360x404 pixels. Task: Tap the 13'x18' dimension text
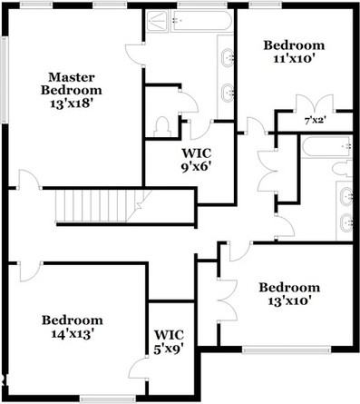point(72,104)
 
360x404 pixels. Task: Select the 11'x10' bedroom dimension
point(292,60)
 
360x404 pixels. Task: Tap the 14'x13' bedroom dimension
point(72,334)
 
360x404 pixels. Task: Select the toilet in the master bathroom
point(164,124)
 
